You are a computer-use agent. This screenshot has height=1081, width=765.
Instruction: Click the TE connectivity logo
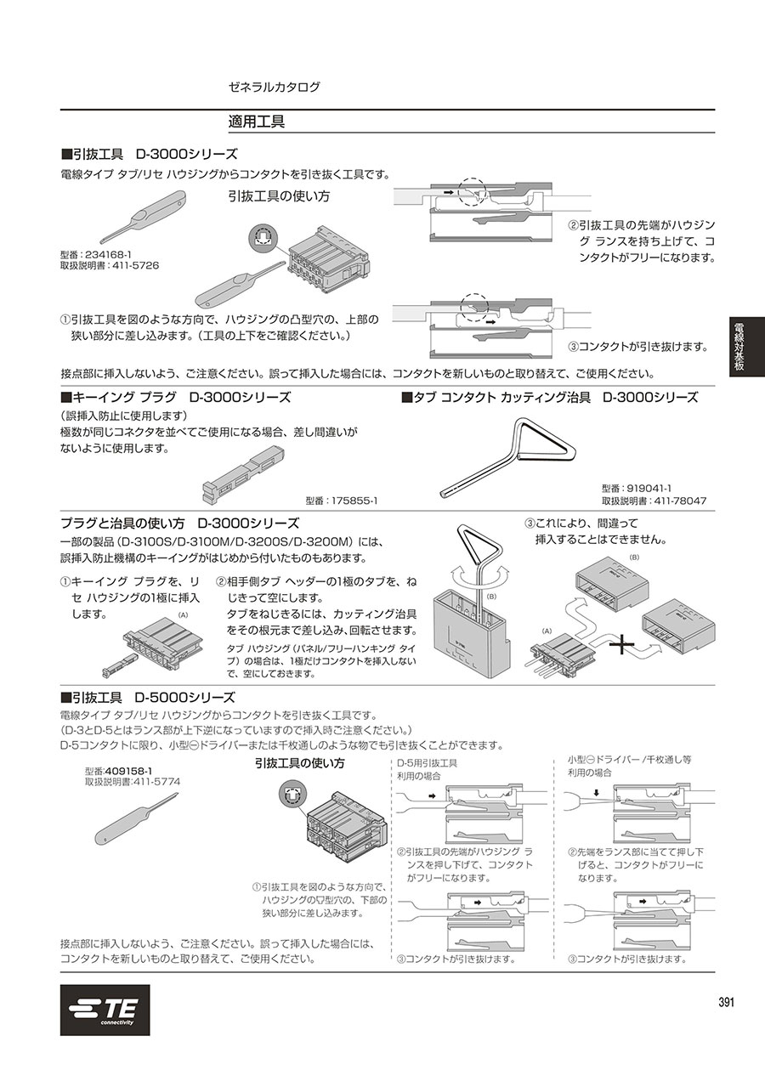tap(105, 1010)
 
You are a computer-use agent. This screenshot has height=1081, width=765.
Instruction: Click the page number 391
tap(726, 1002)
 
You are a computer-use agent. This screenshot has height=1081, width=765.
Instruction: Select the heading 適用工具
tap(257, 122)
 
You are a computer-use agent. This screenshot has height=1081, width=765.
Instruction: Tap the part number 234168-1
tap(108, 254)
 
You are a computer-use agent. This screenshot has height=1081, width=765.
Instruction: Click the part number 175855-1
tap(354, 501)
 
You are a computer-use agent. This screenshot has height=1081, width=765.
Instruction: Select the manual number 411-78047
tap(680, 501)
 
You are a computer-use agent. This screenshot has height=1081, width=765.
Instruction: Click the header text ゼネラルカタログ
tap(275, 87)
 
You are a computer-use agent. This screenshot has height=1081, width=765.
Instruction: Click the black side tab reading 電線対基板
tap(746, 347)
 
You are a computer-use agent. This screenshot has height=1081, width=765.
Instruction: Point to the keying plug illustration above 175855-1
tap(243, 473)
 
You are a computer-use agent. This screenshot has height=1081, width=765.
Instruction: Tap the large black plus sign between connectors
tap(624, 645)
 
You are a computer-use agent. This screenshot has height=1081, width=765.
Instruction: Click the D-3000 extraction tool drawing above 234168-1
tap(144, 218)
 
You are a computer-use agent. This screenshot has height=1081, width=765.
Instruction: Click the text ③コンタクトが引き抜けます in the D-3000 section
tap(637, 347)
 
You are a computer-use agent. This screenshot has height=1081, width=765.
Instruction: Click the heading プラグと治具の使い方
tap(122, 524)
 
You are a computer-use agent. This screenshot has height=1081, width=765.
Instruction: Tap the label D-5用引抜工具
tap(427, 763)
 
